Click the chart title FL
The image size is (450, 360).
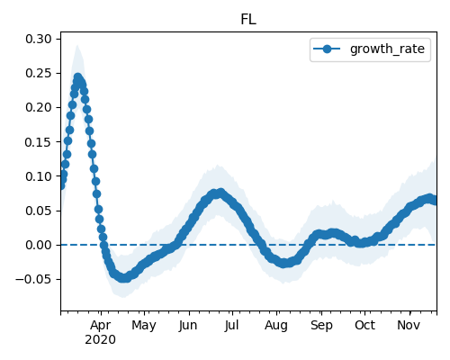pyautogui.click(x=248, y=20)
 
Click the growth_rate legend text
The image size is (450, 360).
pyautogui.click(x=387, y=49)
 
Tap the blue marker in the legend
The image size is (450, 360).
pyautogui.click(x=327, y=49)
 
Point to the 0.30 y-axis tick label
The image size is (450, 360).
pyautogui.click(x=39, y=39)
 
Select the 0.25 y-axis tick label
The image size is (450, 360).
pyautogui.click(x=39, y=73)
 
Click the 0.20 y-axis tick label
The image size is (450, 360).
pyautogui.click(x=39, y=107)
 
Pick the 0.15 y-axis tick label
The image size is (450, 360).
pyautogui.click(x=39, y=142)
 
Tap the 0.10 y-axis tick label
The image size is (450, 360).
pyautogui.click(x=39, y=176)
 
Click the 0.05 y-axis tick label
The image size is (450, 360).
pyautogui.click(x=39, y=211)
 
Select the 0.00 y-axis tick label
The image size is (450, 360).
pyautogui.click(x=39, y=245)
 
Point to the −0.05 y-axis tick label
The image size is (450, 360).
pyautogui.click(x=33, y=279)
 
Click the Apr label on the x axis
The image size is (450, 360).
pyautogui.click(x=101, y=325)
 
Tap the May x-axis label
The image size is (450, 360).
pyautogui.click(x=144, y=326)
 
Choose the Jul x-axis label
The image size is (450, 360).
pyautogui.click(x=232, y=325)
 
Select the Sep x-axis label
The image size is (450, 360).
pyautogui.click(x=321, y=326)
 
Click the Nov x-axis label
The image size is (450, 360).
pyautogui.click(x=409, y=325)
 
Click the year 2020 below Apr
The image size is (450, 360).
pyautogui.click(x=100, y=340)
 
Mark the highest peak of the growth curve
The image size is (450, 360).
pyautogui.click(x=77, y=77)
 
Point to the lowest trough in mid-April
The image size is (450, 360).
pyautogui.click(x=123, y=278)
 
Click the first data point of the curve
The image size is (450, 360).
pyautogui.click(x=61, y=186)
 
